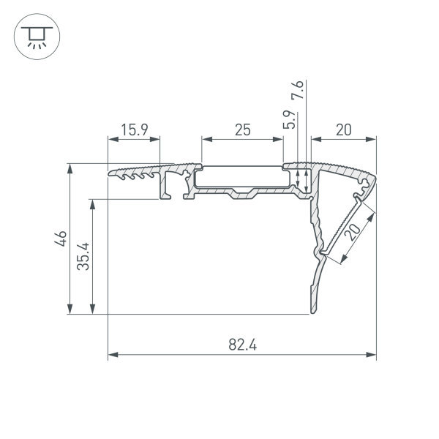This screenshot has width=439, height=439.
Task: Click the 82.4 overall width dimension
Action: coord(242,345)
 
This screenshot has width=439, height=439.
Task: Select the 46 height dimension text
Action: coord(61,239)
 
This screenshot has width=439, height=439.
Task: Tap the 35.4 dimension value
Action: coord(83,257)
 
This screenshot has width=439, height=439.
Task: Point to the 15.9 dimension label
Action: coord(135,130)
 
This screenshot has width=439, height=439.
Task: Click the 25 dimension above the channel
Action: coord(243,130)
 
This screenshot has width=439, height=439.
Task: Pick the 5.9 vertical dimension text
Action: coord(289,119)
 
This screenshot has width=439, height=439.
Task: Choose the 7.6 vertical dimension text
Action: coord(297,90)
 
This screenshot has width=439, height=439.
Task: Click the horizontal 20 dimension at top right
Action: coord(344,130)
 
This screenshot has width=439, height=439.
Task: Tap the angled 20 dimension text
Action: coord(353,232)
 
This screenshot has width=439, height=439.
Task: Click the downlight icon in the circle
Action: coord(37,37)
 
